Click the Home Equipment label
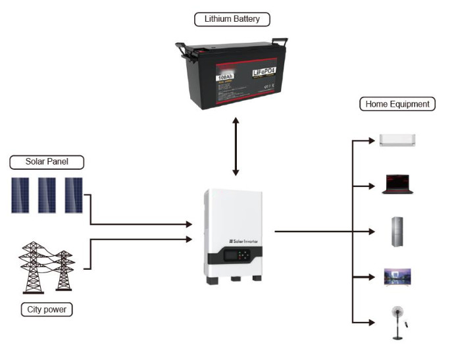point(397,104)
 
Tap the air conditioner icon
point(397,140)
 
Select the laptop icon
point(397,184)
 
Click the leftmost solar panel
point(20,195)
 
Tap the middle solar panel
point(47,195)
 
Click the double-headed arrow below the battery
point(236,146)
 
